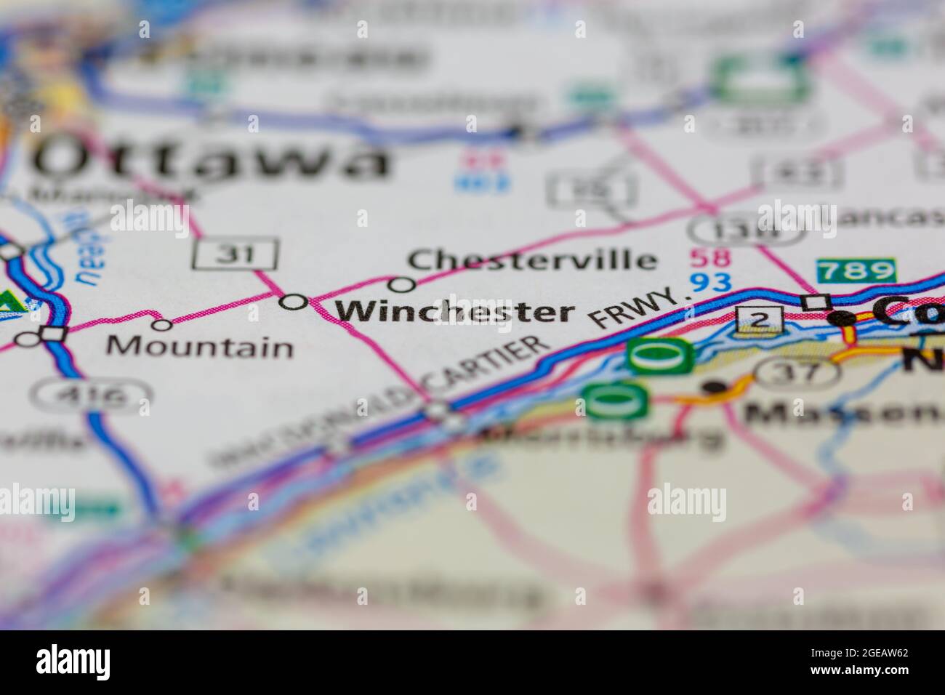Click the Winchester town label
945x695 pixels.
point(454,311)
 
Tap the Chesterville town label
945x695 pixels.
point(531,260)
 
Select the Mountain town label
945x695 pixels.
point(200,347)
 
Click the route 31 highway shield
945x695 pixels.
point(236,253)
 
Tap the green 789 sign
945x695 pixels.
point(856,271)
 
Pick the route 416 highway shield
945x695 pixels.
point(92,397)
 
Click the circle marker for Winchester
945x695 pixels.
point(294,302)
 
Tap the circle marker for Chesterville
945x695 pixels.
point(402,284)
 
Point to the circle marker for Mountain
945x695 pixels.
point(161,324)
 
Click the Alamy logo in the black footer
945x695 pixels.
point(73,662)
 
